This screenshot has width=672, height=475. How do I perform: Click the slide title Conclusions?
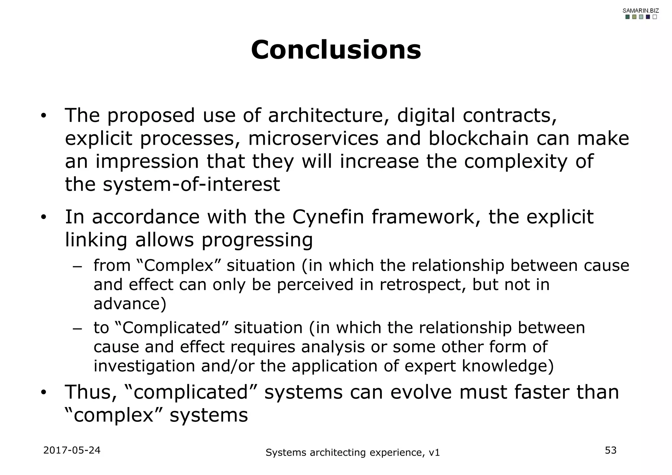(336, 50)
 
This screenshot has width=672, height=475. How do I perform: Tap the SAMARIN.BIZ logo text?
(640, 10)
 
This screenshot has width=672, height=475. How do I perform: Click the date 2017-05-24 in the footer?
(72, 450)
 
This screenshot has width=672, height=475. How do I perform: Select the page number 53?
(611, 450)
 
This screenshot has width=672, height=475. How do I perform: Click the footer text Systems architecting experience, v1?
(352, 453)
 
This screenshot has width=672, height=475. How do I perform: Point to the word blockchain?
(478, 138)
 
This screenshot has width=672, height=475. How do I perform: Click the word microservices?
(313, 138)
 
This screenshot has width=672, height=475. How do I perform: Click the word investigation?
(144, 366)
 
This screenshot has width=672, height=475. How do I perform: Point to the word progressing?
(257, 240)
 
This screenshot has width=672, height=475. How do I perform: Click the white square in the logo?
(654, 17)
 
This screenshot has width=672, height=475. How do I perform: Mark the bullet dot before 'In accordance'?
(43, 218)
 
